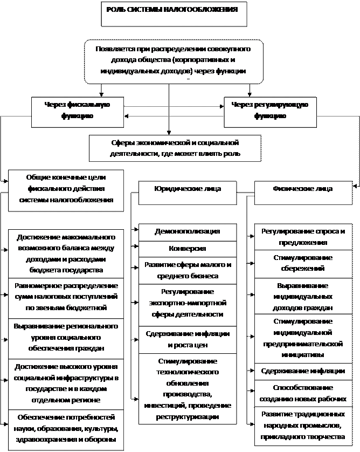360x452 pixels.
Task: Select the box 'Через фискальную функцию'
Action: point(77,111)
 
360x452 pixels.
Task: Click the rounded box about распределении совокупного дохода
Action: point(174,60)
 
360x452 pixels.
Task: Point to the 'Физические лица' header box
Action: point(302,192)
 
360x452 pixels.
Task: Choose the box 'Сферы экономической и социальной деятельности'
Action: point(174,148)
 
